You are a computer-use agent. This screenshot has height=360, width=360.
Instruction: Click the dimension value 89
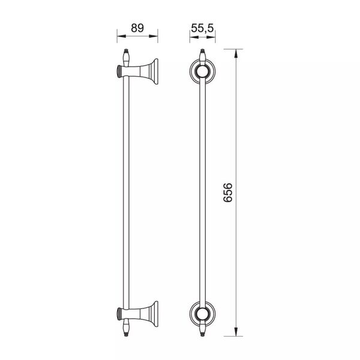pos(137,28)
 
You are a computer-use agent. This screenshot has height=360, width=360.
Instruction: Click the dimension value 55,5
pos(203,28)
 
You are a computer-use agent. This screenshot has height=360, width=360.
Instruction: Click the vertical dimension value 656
pos(228,193)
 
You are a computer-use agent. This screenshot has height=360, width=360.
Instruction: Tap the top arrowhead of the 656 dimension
pos(236,54)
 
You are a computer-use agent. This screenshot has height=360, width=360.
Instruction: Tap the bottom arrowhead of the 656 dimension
pos(236,331)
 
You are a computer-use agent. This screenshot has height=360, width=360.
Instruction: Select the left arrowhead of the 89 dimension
pos(122,36)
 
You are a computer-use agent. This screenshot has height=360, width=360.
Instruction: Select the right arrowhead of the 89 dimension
pos(154,36)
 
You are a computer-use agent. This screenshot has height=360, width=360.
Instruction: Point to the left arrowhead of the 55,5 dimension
pos(194,36)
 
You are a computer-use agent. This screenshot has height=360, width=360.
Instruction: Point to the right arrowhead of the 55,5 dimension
pos(211,36)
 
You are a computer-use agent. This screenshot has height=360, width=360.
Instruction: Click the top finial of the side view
pos(126,58)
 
